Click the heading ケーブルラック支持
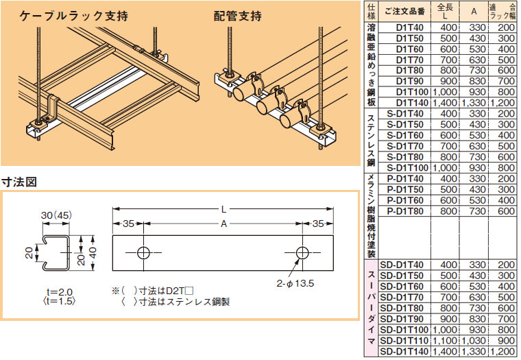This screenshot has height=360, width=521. point(73,16)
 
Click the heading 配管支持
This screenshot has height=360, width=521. point(238,16)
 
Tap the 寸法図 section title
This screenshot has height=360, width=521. point(19,182)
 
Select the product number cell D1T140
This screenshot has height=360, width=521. point(412,103)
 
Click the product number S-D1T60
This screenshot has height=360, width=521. point(405,135)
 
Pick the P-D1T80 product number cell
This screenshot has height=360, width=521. point(405,211)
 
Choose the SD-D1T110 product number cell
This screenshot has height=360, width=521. point(404,341)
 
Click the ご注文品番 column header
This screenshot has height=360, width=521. point(404,12)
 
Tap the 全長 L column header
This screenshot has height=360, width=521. point(445,12)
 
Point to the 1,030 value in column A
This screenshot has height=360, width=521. point(474,341)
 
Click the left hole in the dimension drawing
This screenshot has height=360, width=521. point(143,252)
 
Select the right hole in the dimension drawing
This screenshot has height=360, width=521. point(302,252)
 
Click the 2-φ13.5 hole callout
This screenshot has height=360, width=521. point(295,284)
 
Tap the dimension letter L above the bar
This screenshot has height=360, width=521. point(224,209)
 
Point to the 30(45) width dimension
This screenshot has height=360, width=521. point(56,215)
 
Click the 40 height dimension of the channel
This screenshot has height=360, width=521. point(93,253)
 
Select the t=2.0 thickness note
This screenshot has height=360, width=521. point(60,292)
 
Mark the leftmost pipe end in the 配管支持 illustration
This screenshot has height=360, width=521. point(239,94)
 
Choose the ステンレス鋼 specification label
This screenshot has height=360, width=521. point(372,141)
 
